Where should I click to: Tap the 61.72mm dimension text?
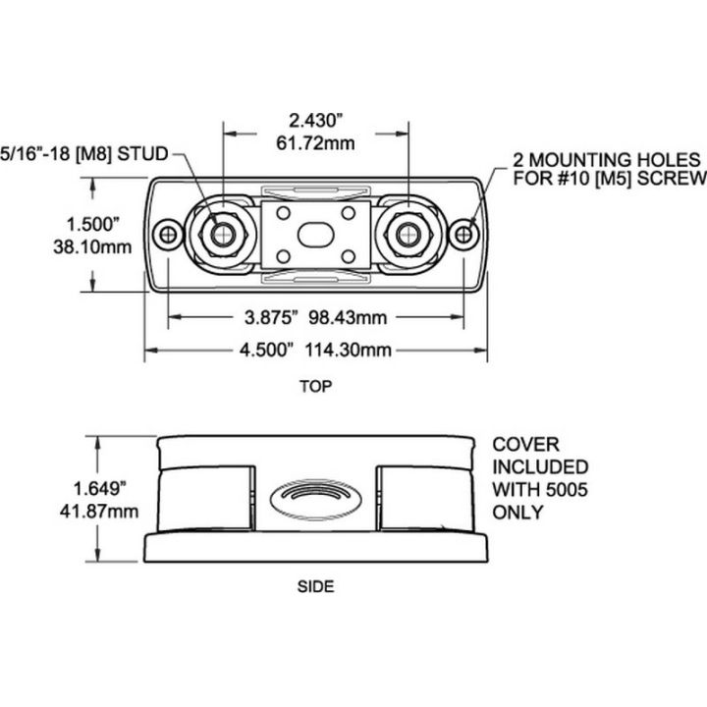pos(317,143)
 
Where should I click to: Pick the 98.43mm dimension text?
pos(338,317)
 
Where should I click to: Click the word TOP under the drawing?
pos(316,386)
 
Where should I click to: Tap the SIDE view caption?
pos(316,587)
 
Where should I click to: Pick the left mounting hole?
pos(171,234)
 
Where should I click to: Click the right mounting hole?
pos(465,234)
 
